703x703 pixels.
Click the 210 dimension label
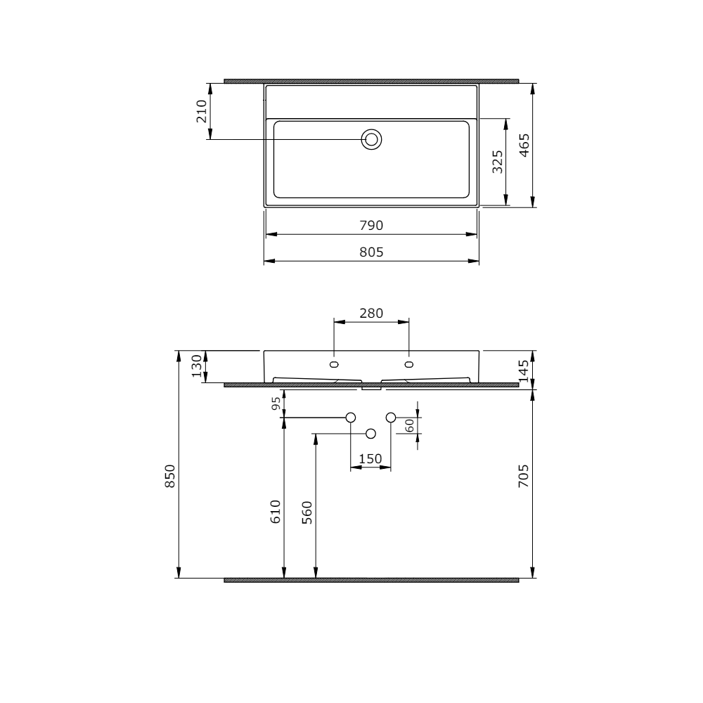tap(202, 112)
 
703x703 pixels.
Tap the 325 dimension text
tap(497, 162)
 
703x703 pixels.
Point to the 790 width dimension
tap(371, 225)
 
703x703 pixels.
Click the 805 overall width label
tap(371, 252)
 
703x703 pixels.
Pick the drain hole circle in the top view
tap(372, 139)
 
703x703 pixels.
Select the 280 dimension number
tap(371, 313)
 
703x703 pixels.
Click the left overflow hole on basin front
tap(334, 363)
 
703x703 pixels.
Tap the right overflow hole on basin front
tap(409, 363)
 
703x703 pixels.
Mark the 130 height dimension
tap(198, 366)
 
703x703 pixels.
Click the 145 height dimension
tap(524, 369)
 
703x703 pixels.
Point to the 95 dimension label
tap(277, 403)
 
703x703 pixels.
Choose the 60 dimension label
tap(409, 425)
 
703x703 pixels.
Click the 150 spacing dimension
tap(370, 459)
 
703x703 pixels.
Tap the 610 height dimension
tap(276, 511)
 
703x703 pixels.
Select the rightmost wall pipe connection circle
tap(391, 418)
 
